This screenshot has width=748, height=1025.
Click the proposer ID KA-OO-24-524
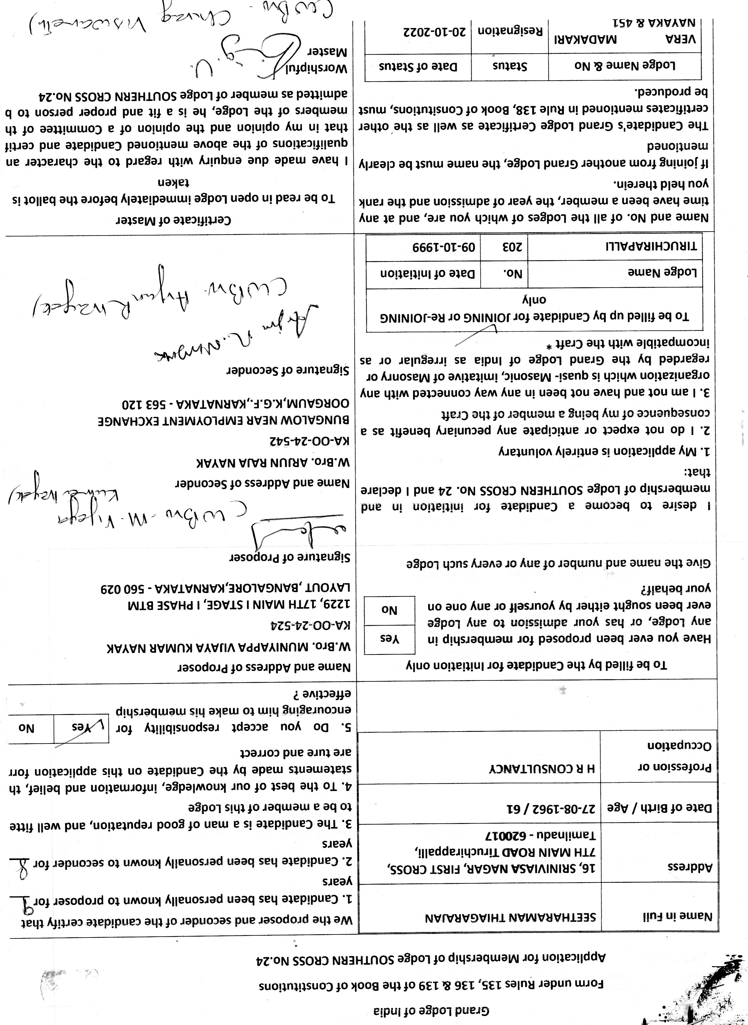tap(311, 625)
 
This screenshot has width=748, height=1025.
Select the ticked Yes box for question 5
tap(81, 728)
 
